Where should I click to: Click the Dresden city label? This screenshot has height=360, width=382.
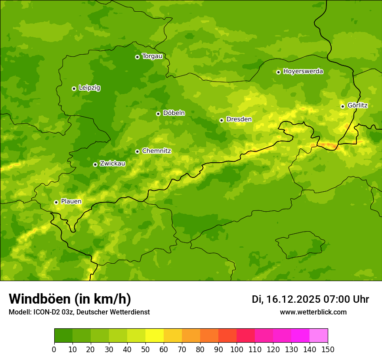[x=239, y=119]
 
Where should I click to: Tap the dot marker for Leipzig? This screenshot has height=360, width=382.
[x=74, y=88]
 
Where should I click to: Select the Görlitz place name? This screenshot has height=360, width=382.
[x=357, y=105]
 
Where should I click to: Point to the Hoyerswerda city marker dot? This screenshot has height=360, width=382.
[x=278, y=72]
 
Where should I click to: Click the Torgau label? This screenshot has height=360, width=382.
[x=152, y=56]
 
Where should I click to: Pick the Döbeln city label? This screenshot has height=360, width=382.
[x=174, y=113]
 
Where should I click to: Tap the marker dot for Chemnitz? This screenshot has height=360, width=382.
[x=137, y=151]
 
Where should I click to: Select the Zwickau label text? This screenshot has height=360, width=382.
[x=112, y=164]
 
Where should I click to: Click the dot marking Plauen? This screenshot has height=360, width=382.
[x=56, y=202]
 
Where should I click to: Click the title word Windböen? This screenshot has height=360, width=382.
[x=40, y=299]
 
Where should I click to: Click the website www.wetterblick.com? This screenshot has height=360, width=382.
[x=313, y=312]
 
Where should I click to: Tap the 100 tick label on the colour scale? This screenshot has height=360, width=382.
[x=237, y=349]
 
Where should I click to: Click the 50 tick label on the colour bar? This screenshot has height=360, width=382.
[x=145, y=349]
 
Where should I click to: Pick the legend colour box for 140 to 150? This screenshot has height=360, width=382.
[x=318, y=336]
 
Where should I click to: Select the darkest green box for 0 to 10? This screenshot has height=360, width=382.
[x=63, y=336]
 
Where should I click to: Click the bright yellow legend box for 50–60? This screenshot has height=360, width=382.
[x=155, y=336]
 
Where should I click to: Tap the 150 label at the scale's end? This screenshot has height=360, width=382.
[x=327, y=349]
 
